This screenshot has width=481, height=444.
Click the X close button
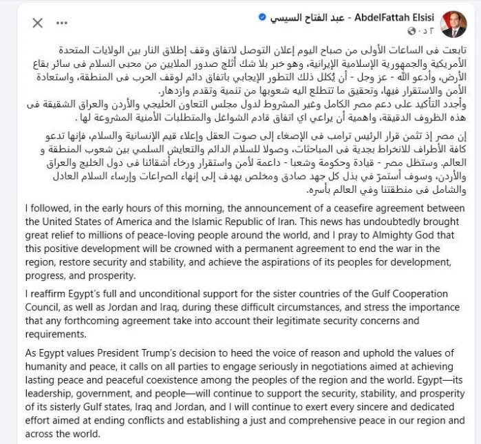(x=37, y=23)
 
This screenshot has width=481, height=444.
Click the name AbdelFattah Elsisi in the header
(x=383, y=16)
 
